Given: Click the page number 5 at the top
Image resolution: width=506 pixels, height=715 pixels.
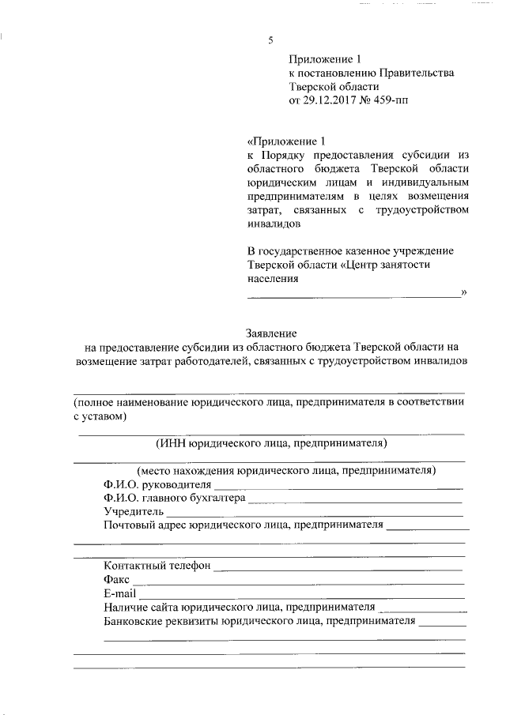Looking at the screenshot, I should (x=270, y=40).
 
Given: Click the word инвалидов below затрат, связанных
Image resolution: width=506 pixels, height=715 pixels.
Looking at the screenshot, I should (x=274, y=224).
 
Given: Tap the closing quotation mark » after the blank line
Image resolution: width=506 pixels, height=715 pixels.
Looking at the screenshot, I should (x=464, y=293).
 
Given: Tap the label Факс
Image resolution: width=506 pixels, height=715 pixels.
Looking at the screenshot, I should (x=116, y=579).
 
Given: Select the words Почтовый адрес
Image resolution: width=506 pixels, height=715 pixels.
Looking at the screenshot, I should (x=139, y=525).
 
